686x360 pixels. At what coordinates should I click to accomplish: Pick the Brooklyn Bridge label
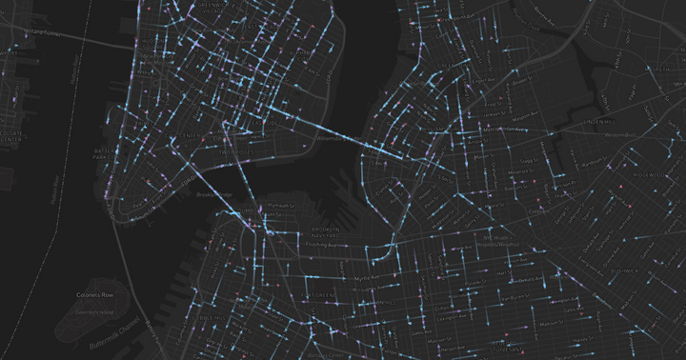[214, 193]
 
